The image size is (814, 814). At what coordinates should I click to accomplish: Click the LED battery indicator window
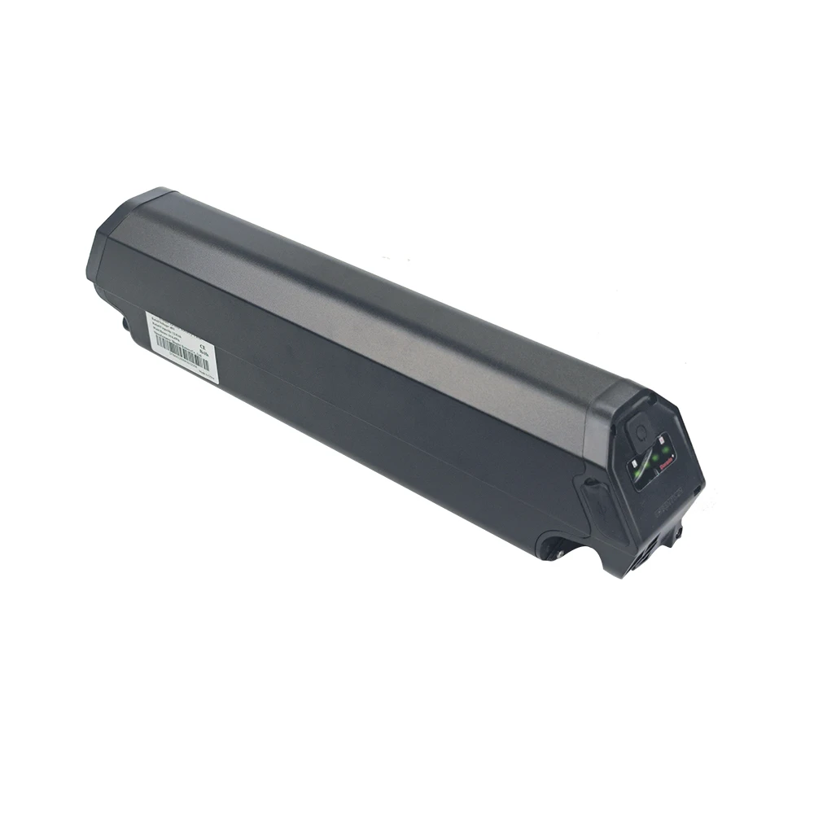point(651,460)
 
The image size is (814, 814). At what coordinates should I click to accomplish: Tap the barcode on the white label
point(181,351)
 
